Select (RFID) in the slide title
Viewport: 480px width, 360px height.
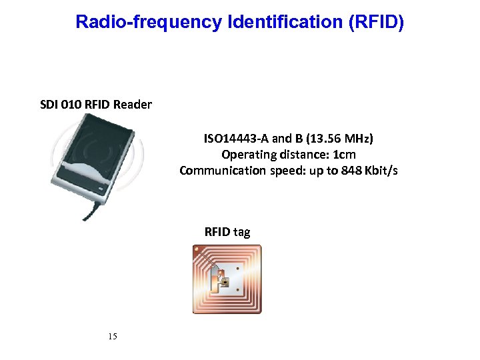(377, 22)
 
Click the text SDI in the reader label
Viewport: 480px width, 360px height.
(49, 105)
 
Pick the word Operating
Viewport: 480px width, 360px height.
(246, 155)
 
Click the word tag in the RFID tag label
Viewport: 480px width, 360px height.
(242, 232)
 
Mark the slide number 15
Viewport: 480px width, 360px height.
(112, 336)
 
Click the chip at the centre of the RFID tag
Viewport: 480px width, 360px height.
(225, 282)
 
